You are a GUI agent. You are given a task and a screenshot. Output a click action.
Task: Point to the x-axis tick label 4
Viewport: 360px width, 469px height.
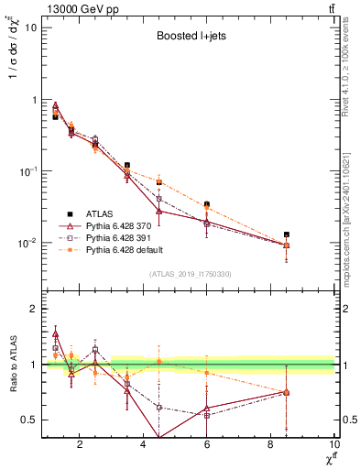click(143, 444)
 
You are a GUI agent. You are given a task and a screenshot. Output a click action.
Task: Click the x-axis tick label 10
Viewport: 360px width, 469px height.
click(333, 444)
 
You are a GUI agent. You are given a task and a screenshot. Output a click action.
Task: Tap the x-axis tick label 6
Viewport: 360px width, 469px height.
click(207, 444)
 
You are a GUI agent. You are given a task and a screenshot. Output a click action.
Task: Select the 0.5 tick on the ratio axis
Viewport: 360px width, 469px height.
click(27, 420)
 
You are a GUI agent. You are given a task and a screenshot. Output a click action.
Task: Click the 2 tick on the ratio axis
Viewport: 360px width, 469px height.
click(31, 309)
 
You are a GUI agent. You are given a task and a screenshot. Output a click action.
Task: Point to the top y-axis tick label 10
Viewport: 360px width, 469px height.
click(28, 27)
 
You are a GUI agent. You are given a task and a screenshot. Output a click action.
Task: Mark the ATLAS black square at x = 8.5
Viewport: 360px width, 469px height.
click(287, 234)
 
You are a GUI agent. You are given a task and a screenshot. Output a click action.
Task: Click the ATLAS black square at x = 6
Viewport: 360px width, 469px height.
click(207, 204)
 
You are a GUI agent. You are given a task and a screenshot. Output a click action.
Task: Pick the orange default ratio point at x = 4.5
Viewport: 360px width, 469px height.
click(158, 361)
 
